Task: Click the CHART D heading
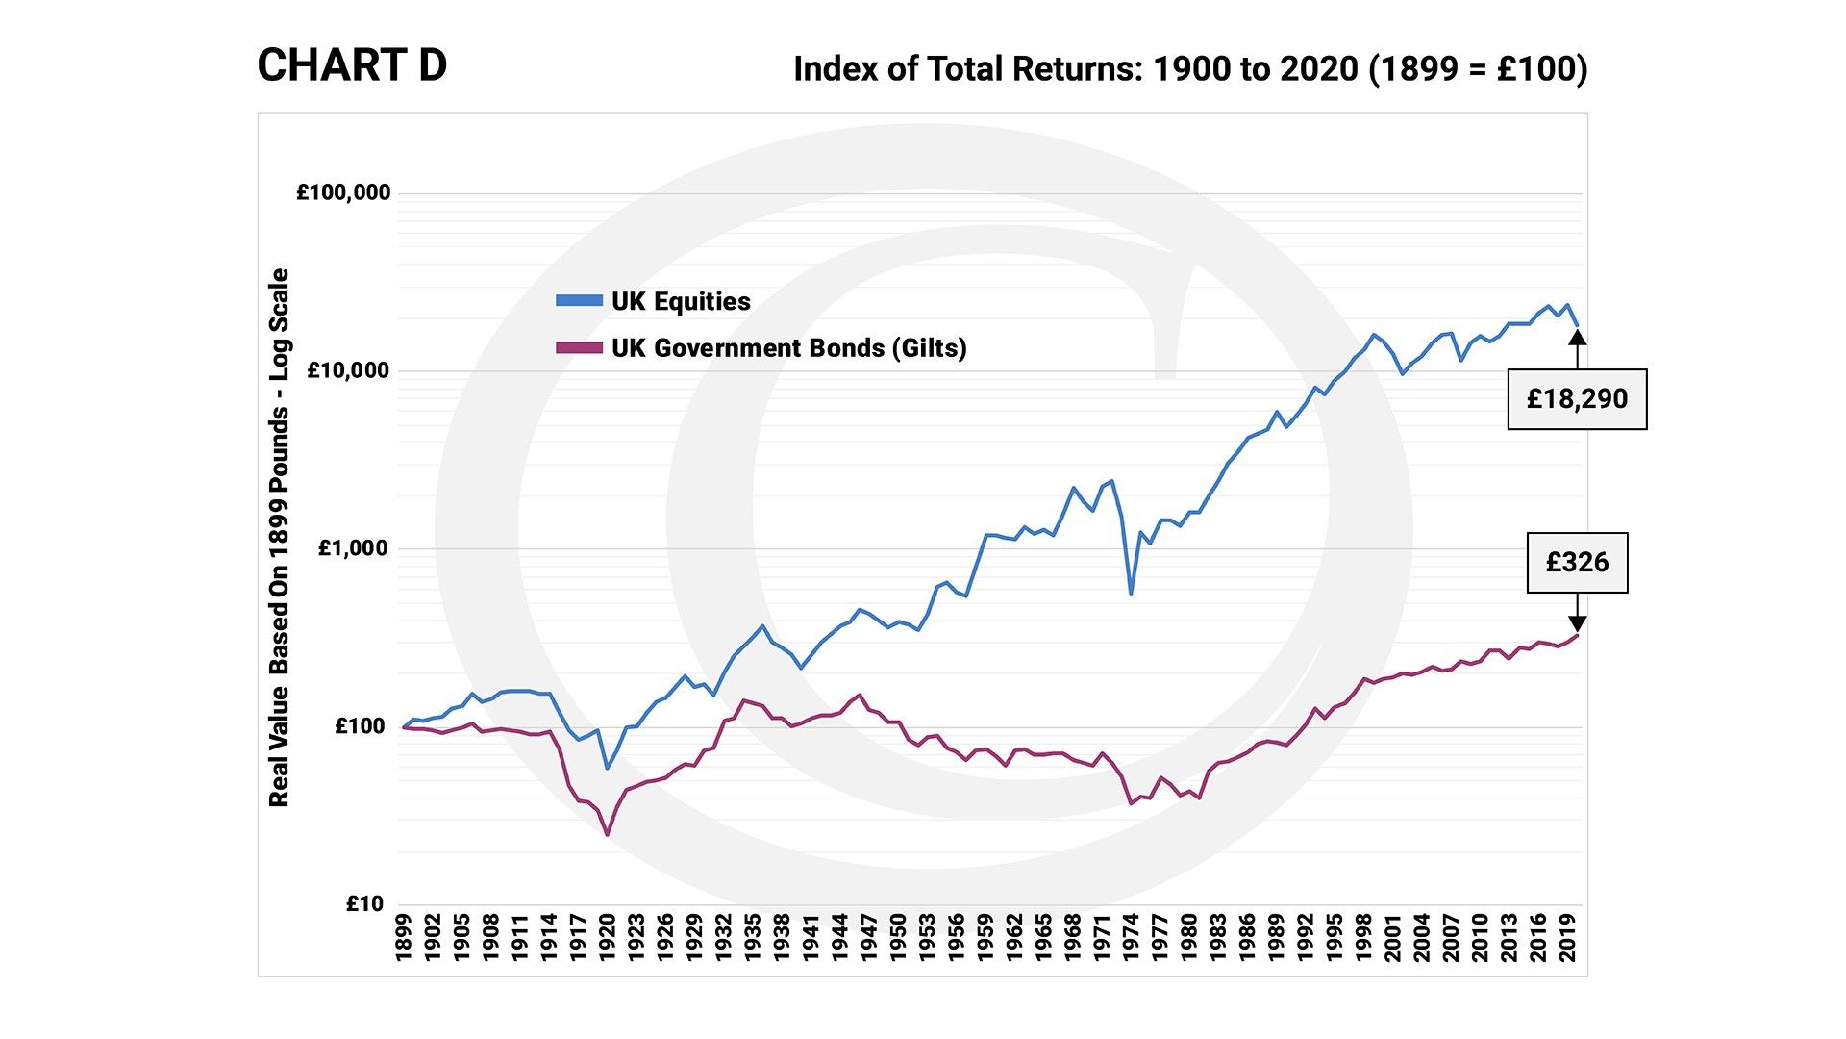(352, 66)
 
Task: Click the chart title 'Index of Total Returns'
(1190, 69)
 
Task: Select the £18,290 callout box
(1577, 399)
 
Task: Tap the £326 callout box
(1577, 563)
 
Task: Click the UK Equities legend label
(681, 302)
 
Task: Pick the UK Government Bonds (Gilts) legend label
(788, 348)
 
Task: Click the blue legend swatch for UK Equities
(579, 301)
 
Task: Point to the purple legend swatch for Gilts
(579, 348)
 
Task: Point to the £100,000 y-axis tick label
(343, 192)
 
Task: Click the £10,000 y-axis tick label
(348, 370)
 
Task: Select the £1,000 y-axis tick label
(353, 548)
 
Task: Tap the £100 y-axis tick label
(359, 726)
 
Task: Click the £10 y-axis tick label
(364, 904)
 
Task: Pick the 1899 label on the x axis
(404, 937)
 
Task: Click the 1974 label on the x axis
(1131, 937)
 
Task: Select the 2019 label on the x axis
(1567, 937)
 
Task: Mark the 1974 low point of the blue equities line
(1131, 594)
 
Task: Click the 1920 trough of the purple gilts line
(608, 834)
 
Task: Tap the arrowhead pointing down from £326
(1577, 624)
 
